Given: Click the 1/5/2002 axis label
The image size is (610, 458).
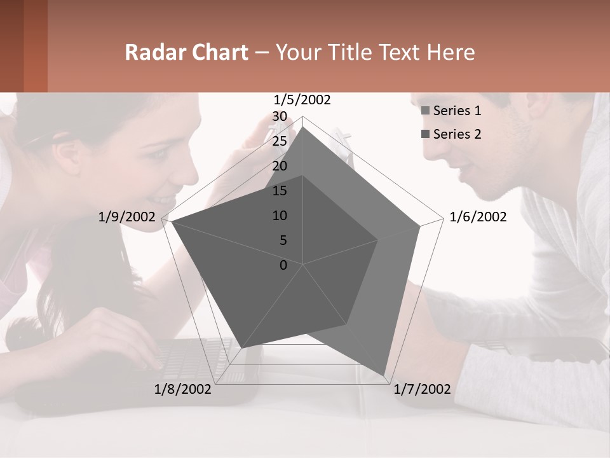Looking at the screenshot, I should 302,100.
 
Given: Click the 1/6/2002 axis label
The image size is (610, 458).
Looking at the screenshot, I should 478,217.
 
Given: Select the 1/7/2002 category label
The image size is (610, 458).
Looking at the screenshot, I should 422,389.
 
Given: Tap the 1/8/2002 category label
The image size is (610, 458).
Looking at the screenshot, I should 183,389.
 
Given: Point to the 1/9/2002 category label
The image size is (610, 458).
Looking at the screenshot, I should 127,217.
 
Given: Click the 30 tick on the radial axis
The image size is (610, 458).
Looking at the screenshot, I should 280,116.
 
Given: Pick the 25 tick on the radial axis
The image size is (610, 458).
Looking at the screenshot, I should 280,141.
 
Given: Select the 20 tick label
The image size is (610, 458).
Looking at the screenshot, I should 280,166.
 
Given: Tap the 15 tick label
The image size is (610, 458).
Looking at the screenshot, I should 280,191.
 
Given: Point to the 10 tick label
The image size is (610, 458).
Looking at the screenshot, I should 280,216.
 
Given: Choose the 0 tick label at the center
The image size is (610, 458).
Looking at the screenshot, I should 283,265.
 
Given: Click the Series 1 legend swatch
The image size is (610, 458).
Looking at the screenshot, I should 426,111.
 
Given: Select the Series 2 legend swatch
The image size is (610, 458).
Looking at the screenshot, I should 426,134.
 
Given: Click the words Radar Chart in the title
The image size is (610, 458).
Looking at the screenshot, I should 186,53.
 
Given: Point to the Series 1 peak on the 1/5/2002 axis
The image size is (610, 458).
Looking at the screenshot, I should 303,127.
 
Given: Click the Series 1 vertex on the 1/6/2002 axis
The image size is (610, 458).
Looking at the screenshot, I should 420,226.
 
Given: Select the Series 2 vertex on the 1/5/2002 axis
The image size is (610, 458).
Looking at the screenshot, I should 303,176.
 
